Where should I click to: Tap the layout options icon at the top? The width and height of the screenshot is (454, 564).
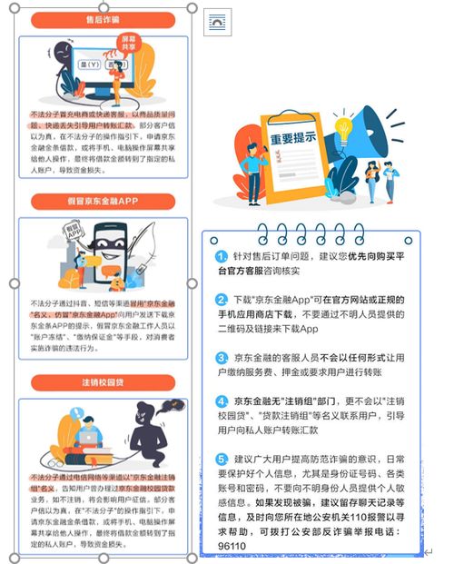pos(218,20)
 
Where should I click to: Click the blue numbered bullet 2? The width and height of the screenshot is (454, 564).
pos(222,299)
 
